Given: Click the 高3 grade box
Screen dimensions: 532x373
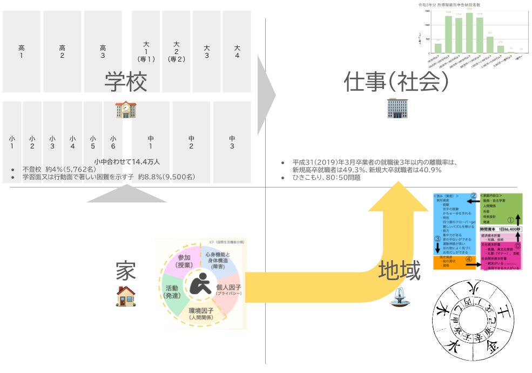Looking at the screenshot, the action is pos(103,52).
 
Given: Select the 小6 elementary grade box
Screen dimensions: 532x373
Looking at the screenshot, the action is pos(113,142).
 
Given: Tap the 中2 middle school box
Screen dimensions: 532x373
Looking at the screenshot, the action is pos(191,142).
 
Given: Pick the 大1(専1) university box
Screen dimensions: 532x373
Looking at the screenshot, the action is pos(146,52).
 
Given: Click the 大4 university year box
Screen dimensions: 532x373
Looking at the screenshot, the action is pos(237,52).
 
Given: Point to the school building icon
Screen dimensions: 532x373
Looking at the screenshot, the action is pos(125,110).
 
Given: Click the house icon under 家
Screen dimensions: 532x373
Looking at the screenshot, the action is pos(125,296).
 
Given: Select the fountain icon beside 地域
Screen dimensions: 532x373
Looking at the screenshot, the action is pos(399,299).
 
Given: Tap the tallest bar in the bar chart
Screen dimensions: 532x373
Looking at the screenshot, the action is pos(469,32).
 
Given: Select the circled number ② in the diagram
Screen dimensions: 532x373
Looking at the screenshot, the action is pos(473,196).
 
